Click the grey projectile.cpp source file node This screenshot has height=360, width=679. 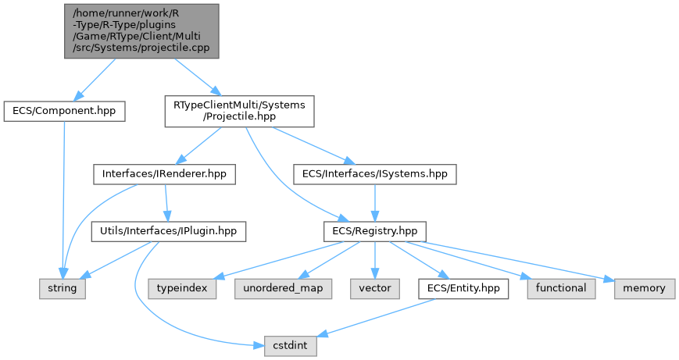point(141,30)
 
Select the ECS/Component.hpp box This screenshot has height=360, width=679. point(64,111)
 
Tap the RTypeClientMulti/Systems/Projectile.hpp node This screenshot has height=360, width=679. point(239,112)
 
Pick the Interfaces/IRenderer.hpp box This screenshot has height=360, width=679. point(164,174)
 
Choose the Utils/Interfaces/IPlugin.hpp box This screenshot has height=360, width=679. point(169,231)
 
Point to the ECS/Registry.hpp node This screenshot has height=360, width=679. point(375,231)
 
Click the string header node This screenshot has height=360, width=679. point(63,288)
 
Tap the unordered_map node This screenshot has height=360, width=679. point(282,288)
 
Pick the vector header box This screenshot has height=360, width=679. point(375,288)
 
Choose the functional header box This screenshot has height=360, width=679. point(561,288)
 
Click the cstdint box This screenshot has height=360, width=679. point(290,345)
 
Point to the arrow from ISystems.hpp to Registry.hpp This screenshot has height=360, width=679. point(375,203)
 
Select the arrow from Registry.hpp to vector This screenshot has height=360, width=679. point(375,260)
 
